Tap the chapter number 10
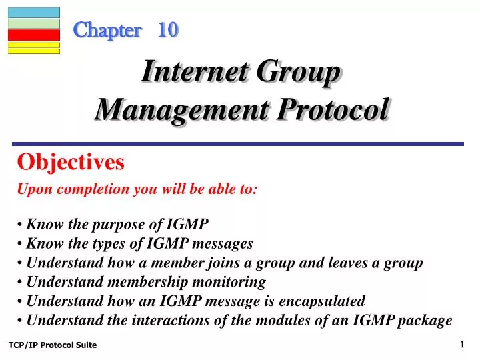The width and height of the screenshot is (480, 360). (168, 30)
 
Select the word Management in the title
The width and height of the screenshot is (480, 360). (167, 109)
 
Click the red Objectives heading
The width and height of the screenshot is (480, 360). (71, 162)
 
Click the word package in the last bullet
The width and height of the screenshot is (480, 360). (425, 321)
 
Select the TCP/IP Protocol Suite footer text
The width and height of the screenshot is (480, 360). (53, 345)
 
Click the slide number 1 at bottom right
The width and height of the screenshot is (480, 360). (462, 344)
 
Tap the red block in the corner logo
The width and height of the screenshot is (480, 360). (34, 35)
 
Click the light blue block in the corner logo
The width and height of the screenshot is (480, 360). (34, 12)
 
